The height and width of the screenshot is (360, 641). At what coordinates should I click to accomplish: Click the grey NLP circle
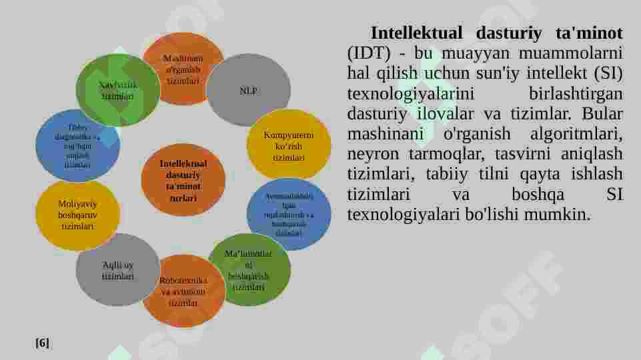248,90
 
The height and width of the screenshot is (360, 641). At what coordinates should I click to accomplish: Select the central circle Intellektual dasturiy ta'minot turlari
183,181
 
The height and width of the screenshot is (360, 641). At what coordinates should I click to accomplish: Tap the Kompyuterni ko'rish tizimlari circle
289,146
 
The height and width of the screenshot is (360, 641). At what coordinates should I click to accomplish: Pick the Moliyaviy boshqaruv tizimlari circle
77,215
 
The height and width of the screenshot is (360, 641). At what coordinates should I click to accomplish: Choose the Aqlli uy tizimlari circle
117,270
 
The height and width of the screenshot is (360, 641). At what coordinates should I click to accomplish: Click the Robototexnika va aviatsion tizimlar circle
183,291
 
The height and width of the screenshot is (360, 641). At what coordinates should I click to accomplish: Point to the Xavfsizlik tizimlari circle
117,90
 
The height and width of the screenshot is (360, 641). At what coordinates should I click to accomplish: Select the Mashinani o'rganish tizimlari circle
183,69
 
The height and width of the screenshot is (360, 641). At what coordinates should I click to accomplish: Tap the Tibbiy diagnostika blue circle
77,146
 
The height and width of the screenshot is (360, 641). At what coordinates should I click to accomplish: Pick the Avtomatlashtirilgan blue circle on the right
289,215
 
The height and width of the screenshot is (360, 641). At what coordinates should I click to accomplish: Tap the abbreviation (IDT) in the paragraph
368,53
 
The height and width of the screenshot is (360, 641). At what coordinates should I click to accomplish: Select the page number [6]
42,343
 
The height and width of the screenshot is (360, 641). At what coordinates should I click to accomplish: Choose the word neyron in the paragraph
369,154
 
